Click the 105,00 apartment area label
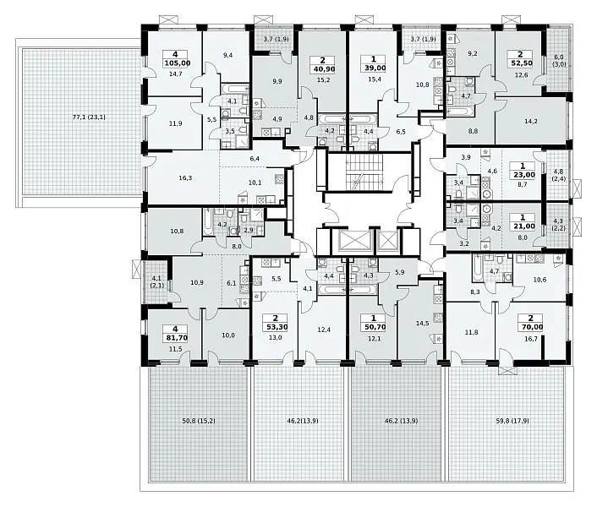point(175,63)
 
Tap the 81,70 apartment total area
point(175,337)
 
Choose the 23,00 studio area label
point(523,175)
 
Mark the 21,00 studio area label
point(523,226)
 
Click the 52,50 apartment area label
point(520,63)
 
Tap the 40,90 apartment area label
point(323,68)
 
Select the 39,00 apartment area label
point(373,68)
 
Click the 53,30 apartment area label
point(276,327)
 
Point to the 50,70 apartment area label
point(373,327)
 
